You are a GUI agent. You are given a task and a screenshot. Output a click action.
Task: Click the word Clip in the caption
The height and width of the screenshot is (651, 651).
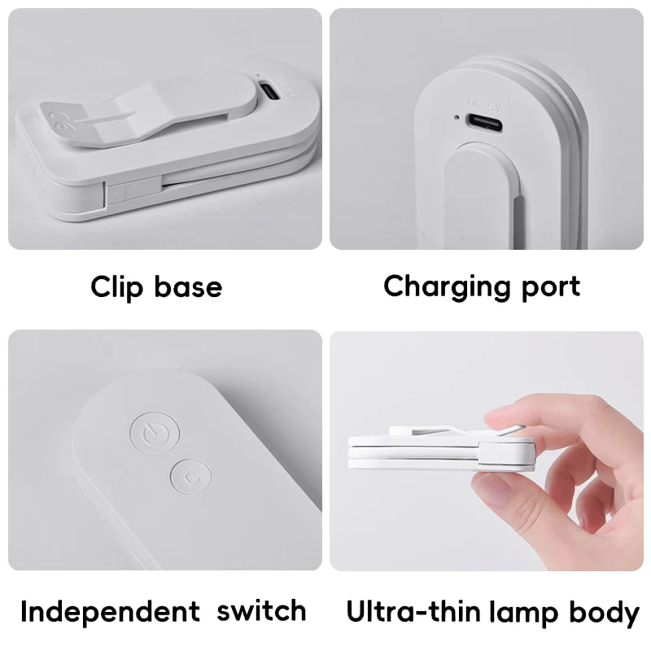[116, 286]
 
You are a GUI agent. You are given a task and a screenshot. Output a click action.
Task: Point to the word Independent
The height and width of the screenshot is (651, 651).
[110, 611]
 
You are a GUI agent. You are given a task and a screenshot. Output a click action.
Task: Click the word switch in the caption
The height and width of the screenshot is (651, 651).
[261, 610]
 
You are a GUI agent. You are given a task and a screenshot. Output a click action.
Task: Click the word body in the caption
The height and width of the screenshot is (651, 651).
[603, 612]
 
